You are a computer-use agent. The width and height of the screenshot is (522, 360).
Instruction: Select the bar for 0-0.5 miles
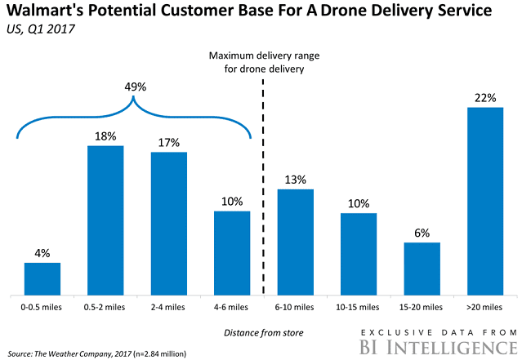coord(42,278)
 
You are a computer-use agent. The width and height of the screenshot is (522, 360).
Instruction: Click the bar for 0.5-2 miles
coord(105,220)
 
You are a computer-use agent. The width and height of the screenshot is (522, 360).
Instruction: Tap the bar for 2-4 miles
coord(168,223)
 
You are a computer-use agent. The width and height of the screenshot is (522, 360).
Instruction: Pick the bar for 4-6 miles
coord(231,252)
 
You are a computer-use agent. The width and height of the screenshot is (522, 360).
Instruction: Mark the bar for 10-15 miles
coord(359,253)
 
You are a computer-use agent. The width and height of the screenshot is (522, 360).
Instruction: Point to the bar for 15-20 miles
coord(422,268)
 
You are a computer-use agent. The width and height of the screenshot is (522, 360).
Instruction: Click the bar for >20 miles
coord(484,200)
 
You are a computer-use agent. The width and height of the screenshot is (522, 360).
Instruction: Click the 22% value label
coord(484,97)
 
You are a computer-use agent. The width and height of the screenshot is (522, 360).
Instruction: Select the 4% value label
coord(42,252)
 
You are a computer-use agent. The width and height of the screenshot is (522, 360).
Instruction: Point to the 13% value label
coord(296,179)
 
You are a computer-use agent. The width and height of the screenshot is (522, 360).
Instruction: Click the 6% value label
coord(422,232)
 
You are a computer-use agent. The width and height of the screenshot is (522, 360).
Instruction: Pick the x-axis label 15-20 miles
coord(422,307)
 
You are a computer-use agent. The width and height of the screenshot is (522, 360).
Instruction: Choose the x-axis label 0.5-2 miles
coord(105,307)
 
